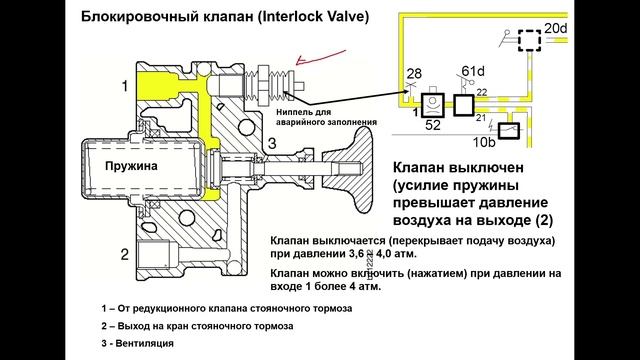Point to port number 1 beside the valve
pyautogui.click(x=123, y=87)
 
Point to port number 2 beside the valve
pyautogui.click(x=123, y=253)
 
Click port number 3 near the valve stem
pyautogui.click(x=270, y=143)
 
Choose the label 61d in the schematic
pyautogui.click(x=473, y=70)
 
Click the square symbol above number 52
pyautogui.click(x=433, y=104)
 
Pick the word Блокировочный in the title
pyautogui.click(x=136, y=17)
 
